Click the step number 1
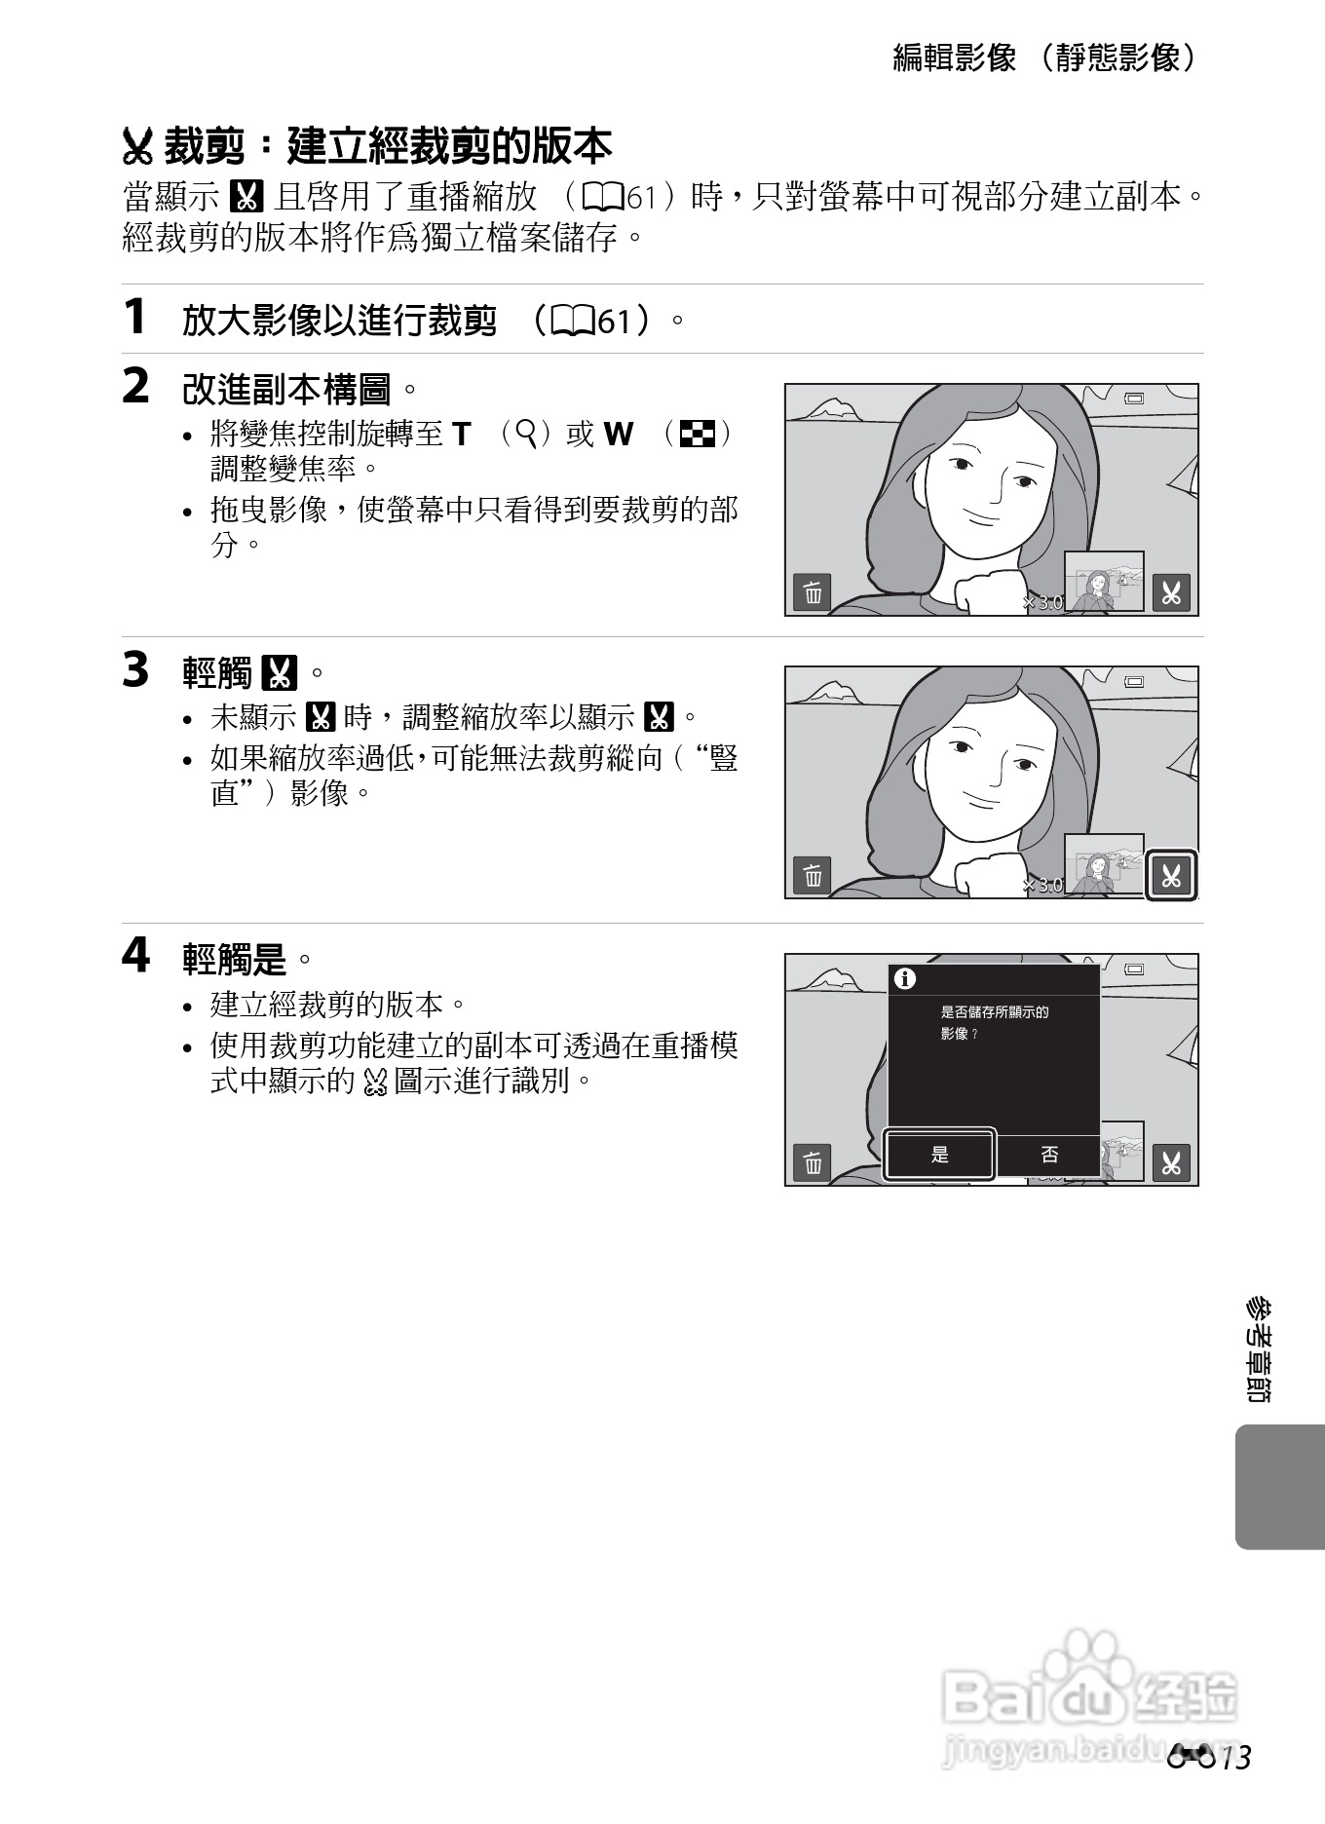134,318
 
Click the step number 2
135,387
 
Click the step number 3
135,670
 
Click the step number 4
135,956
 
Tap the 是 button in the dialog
939,1156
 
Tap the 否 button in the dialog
1049,1156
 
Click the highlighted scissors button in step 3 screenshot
1170,876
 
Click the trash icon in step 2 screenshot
813,592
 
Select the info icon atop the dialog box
905,979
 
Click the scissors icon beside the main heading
138,148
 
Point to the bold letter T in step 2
461,435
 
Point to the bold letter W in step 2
618,435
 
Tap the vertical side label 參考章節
1260,1349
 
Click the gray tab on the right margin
1278,1487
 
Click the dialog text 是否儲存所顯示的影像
994,1022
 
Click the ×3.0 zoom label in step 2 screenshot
1042,603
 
